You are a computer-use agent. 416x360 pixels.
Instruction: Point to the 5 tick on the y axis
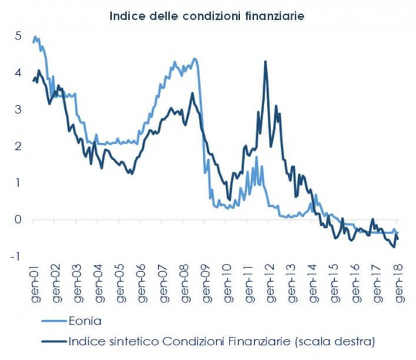pos(18,36)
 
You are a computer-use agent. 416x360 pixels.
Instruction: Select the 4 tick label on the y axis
pos(18,73)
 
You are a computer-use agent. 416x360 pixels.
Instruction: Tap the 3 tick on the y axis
pos(18,109)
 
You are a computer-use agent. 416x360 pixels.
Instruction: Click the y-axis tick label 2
pos(18,146)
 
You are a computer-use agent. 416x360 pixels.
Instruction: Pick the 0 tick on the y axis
pos(18,220)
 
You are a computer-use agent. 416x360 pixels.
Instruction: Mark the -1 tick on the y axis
pos(16,256)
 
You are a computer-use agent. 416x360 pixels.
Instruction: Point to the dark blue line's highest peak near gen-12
pos(266,61)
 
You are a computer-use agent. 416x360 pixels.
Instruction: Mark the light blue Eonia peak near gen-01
pos(36,37)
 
